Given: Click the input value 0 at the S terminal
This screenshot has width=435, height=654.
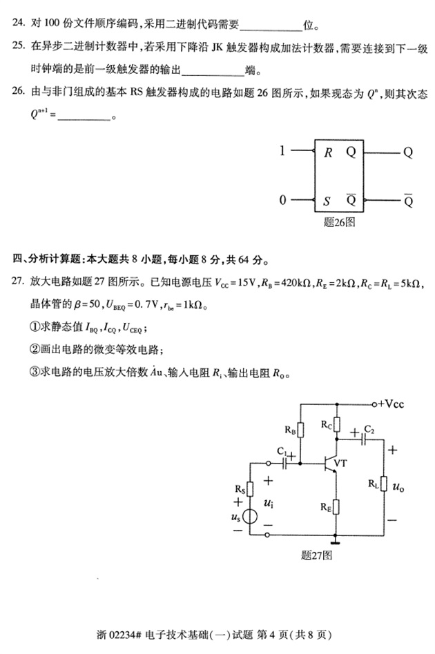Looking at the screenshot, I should (x=282, y=201).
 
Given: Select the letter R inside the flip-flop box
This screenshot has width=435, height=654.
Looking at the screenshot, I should (x=328, y=152).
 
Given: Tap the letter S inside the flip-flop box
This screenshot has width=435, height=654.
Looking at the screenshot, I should (x=327, y=201).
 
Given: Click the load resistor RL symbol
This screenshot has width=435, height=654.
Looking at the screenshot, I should (x=385, y=486).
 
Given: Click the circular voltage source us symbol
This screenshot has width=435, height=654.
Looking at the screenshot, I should (x=250, y=517).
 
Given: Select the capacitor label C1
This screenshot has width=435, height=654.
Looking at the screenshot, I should (x=281, y=450).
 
